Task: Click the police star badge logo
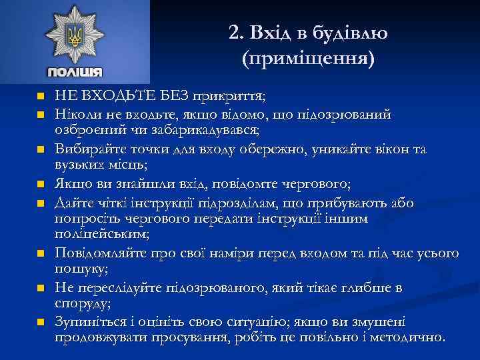pos(75,36)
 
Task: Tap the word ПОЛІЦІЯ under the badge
pos(75,72)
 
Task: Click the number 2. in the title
pos(235,32)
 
